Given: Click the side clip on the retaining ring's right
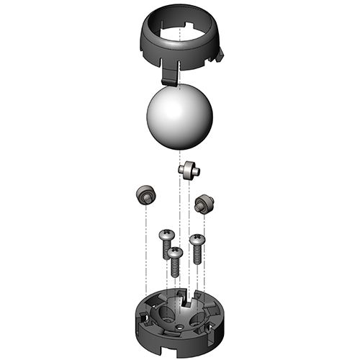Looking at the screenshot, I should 220,53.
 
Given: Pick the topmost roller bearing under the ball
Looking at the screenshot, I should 187,171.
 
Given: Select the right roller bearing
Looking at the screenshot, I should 204,202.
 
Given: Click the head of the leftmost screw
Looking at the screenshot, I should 166,235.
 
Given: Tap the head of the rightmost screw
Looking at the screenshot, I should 197,238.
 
